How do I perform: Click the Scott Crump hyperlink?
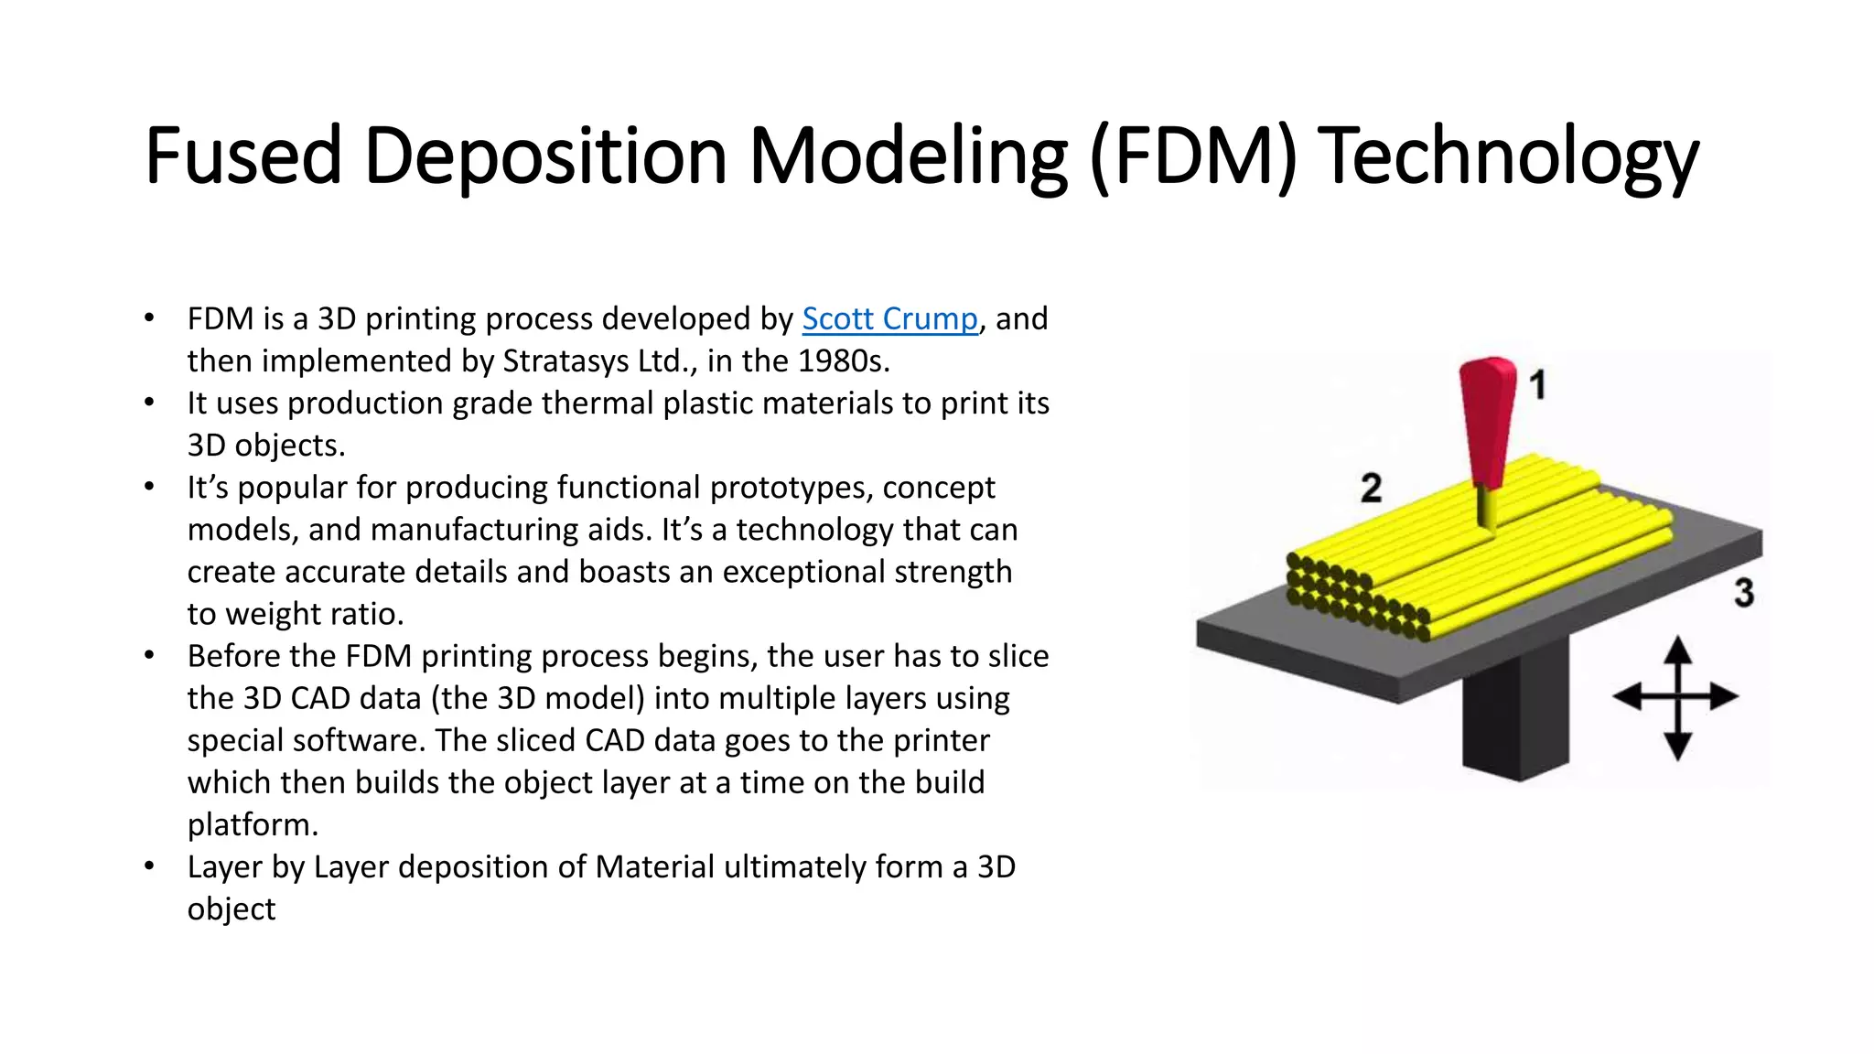tap(889, 319)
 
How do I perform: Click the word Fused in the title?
tap(242, 156)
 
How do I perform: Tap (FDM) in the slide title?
tap(1193, 156)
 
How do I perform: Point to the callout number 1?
tap(1538, 384)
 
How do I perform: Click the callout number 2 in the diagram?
tap(1371, 488)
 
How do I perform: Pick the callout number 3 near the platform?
tap(1743, 593)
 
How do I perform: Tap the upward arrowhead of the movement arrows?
tap(1676, 651)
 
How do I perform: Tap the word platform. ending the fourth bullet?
tap(253, 825)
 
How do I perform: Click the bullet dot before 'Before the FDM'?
tap(149, 655)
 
